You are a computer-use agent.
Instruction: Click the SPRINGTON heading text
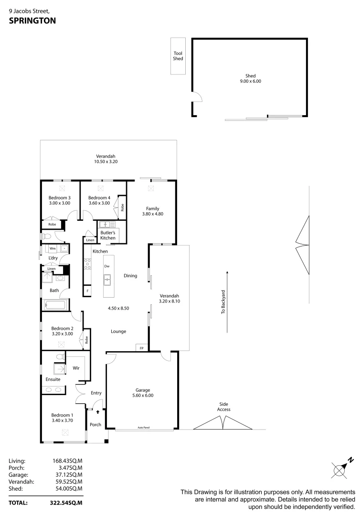(x=32, y=21)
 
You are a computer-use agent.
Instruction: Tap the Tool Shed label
(x=178, y=56)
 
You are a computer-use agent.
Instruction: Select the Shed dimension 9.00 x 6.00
(x=250, y=81)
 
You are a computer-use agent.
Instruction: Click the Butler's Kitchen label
(x=108, y=235)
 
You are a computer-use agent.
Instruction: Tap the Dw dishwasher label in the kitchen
(x=107, y=266)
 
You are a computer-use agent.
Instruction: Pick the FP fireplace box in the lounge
(x=141, y=348)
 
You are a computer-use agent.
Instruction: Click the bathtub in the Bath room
(x=55, y=305)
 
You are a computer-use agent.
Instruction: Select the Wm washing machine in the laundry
(x=53, y=249)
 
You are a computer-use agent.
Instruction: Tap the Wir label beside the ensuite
(x=75, y=368)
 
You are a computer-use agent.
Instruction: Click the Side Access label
(x=223, y=407)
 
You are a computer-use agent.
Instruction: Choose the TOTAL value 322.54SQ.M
(x=67, y=503)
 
